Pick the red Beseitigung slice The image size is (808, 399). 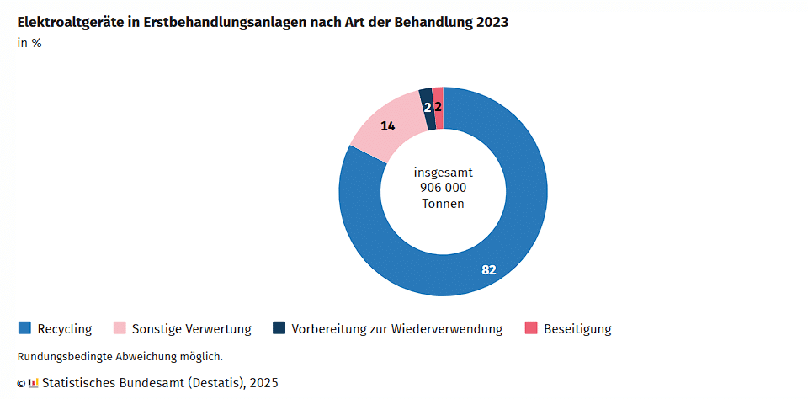439,108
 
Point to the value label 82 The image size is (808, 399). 489,270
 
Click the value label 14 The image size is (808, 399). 388,126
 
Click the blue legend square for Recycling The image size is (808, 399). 24,328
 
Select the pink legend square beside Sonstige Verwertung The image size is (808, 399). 119,328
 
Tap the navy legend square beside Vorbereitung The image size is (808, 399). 279,328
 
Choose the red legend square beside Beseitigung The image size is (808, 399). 531,328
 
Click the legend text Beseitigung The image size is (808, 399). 577,329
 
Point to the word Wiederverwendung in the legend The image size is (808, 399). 447,329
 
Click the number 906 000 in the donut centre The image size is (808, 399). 443,188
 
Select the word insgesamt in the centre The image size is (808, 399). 443,172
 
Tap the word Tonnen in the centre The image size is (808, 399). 443,204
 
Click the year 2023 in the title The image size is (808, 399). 492,23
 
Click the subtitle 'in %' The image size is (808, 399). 29,44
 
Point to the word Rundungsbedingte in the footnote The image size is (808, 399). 59,357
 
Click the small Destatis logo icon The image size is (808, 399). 34,383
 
